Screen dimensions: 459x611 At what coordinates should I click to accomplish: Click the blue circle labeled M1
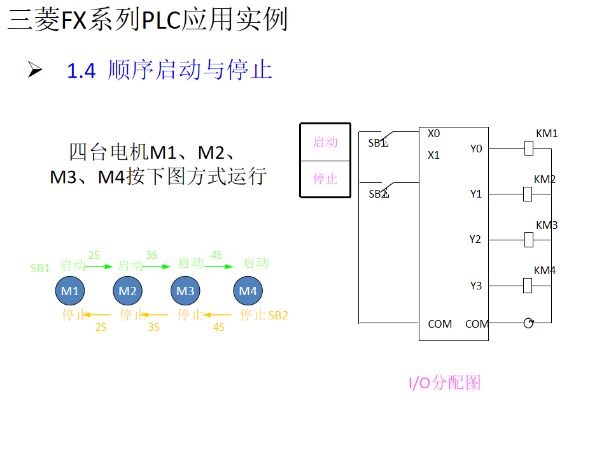pos(69,291)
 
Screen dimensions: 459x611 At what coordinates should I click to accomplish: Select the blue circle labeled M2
pos(127,291)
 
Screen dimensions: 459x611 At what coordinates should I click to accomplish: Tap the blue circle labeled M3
pos(185,291)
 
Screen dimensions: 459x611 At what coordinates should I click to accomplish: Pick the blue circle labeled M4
pos(248,291)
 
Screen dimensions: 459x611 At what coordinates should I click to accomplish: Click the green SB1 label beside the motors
pos(40,268)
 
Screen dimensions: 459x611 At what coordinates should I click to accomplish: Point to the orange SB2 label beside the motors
pos(278,315)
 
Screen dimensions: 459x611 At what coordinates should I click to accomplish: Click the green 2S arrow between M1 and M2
pos(99,266)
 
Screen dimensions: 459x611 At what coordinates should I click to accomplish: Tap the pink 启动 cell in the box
pos(325,142)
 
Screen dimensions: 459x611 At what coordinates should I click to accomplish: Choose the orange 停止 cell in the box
pos(325,178)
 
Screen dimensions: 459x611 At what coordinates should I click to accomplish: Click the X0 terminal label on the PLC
pos(434,134)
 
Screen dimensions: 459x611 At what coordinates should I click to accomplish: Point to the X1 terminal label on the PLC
pos(434,155)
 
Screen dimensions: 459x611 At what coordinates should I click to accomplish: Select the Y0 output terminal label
pos(476,149)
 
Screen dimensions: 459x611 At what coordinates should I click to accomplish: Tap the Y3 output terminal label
pos(476,286)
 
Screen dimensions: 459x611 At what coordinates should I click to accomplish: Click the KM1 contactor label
pos(547,134)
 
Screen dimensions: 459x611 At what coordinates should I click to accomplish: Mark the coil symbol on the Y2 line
pos(528,240)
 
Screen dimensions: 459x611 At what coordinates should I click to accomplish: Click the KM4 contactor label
pos(545,270)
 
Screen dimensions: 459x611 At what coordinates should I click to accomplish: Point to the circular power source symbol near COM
pos(528,323)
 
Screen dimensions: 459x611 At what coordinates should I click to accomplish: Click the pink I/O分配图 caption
pos(444,382)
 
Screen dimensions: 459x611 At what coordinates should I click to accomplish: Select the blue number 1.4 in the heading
pos(81,71)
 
